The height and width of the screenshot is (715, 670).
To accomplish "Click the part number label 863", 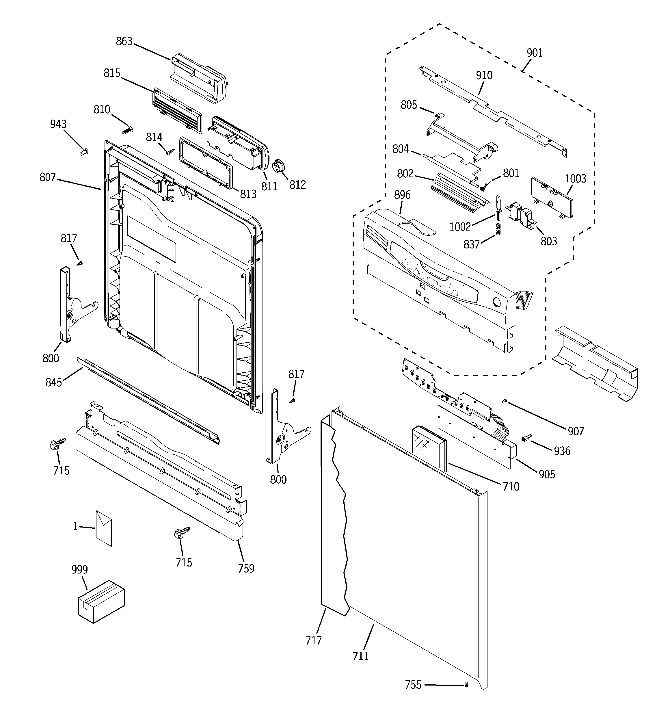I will [x=124, y=41].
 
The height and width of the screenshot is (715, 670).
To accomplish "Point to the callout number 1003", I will [x=575, y=179].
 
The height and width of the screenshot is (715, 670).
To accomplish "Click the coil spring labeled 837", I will [x=498, y=229].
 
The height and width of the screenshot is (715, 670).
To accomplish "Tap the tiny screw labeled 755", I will [x=467, y=685].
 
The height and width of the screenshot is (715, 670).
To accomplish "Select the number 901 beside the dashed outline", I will [x=535, y=53].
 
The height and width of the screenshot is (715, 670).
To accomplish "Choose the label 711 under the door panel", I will [x=360, y=656].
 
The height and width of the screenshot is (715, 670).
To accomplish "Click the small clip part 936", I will [x=526, y=438].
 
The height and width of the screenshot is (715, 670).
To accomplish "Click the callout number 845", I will [x=54, y=382].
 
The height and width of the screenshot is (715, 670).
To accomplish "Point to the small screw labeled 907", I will [x=504, y=401].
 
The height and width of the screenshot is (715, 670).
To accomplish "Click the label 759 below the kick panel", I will [x=246, y=568].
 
